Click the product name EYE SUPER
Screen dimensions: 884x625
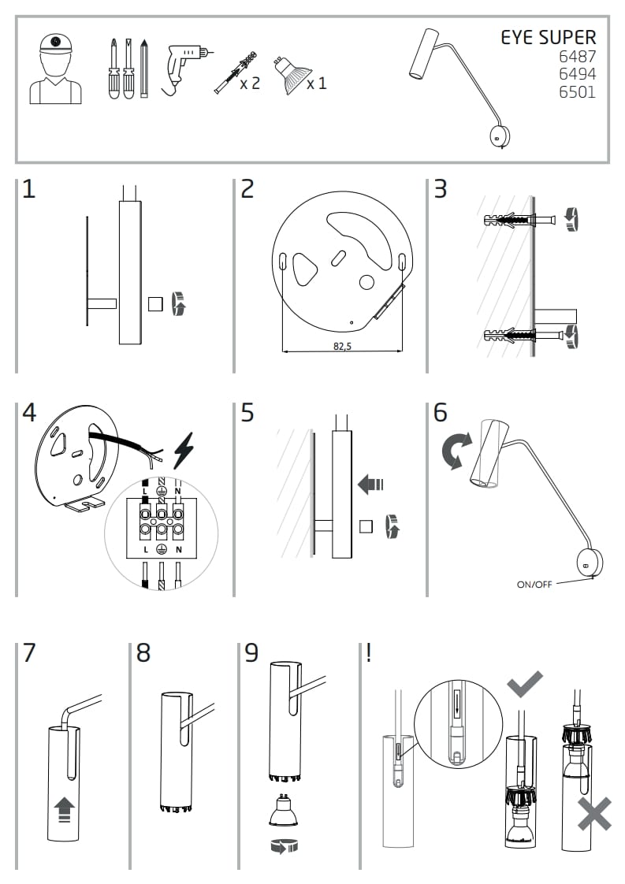pos(549,37)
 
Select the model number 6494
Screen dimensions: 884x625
pos(577,74)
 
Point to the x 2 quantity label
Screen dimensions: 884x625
pos(249,83)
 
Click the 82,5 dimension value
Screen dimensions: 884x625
pos(341,346)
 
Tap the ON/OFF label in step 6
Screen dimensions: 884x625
pos(534,584)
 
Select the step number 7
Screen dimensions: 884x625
pos(29,653)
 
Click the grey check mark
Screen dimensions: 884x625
pos(524,683)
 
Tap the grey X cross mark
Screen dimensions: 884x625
pos(593,812)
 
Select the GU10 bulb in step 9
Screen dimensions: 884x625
pos(283,812)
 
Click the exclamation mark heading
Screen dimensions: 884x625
pos(368,653)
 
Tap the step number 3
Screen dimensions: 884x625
pos(440,189)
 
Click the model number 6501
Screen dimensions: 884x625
pos(577,92)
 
